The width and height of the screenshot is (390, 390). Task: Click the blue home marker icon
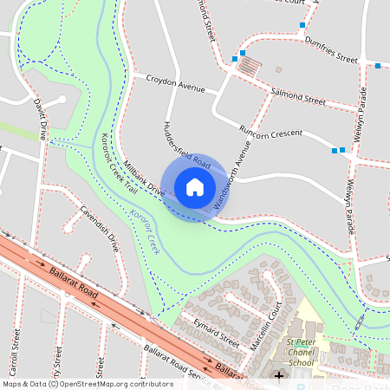tap(194, 186)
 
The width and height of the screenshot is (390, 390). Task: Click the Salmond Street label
tap(297, 96)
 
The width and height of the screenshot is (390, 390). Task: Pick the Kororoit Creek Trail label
tap(118, 162)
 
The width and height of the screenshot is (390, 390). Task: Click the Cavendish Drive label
tap(98, 228)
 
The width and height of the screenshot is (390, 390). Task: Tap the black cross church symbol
tap(278, 375)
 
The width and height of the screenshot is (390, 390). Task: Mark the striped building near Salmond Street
tap(249, 65)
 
